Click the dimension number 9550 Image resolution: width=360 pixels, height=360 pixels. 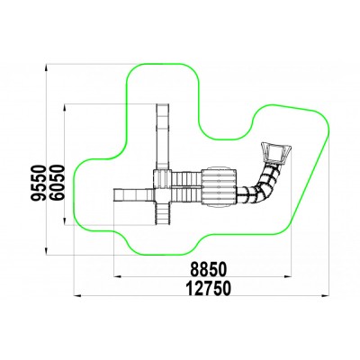(x=39, y=183)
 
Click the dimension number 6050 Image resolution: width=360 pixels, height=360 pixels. (x=57, y=183)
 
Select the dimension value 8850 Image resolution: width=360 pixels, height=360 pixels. (x=209, y=269)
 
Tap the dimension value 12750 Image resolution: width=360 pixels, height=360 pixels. (x=209, y=288)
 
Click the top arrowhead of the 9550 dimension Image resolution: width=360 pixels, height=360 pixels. (x=46, y=67)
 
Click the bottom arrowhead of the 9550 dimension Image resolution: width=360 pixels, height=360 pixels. (x=46, y=251)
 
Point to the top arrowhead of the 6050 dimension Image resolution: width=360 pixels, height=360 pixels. (x=65, y=108)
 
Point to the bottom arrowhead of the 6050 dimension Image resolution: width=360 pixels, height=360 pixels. (x=65, y=221)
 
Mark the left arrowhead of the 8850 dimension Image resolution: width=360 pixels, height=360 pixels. (x=118, y=275)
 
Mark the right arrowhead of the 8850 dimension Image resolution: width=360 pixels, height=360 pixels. (x=288, y=275)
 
